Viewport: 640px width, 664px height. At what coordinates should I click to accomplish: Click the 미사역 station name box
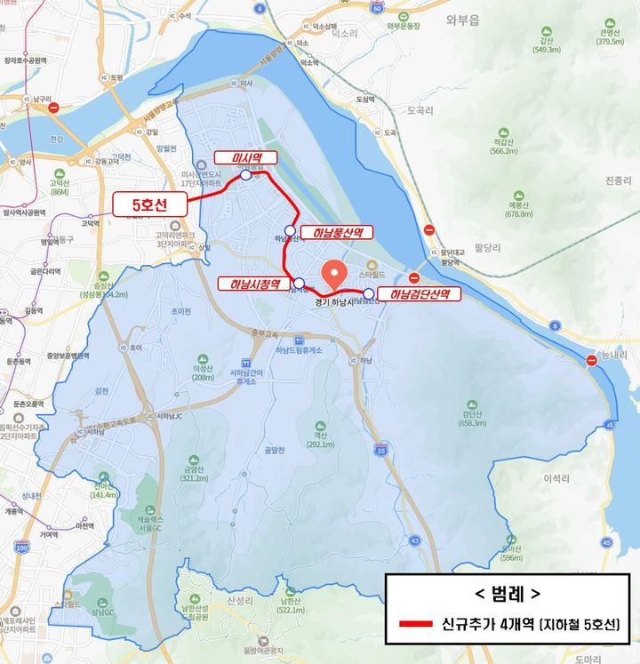(x=245, y=157)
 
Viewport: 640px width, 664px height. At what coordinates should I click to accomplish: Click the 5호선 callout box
(x=150, y=204)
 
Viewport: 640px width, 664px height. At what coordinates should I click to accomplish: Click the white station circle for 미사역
(x=245, y=175)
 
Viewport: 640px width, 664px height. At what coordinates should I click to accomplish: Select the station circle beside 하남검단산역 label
(x=369, y=292)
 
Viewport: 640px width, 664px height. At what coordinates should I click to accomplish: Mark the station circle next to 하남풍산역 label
(x=290, y=230)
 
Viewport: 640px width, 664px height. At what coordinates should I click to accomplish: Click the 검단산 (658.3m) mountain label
(x=471, y=418)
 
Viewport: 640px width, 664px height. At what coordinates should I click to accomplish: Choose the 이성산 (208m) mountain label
(x=204, y=372)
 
